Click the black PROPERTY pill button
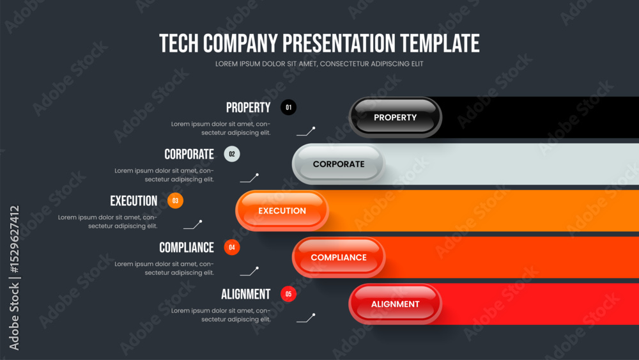396,118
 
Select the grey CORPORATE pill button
339,164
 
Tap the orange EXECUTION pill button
282,211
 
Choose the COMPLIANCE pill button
339,257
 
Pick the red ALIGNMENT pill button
396,304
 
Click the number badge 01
289,107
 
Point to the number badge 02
232,154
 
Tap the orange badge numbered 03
175,201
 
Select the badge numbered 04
232,247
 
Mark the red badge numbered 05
289,294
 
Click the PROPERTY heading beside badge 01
248,107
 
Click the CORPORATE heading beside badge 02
189,154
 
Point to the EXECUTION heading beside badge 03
134,201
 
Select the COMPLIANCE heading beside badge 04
187,247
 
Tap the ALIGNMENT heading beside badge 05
246,294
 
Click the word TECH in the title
179,43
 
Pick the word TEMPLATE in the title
440,43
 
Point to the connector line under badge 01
305,131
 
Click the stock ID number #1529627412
14,239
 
